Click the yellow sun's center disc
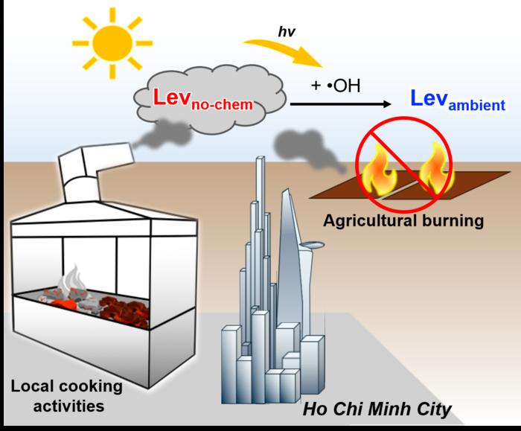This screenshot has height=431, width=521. [x=112, y=43]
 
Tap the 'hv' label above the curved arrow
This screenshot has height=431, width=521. [x=287, y=31]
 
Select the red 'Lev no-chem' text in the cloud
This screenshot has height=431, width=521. [x=203, y=100]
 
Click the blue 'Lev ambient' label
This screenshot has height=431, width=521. [x=458, y=100]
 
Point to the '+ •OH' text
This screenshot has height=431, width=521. [x=336, y=86]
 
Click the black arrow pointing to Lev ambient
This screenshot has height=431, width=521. [x=341, y=104]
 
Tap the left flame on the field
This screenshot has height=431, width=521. [x=380, y=170]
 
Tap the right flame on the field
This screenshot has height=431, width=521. [x=436, y=169]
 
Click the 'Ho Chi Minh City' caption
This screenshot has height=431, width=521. [x=377, y=409]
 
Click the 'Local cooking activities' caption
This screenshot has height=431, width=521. [x=67, y=396]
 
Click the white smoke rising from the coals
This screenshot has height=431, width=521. [x=71, y=279]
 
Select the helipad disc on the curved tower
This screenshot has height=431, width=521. [x=312, y=245]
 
